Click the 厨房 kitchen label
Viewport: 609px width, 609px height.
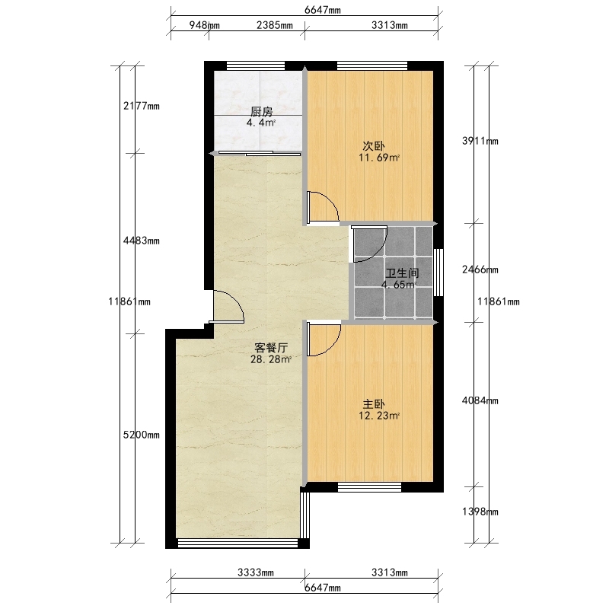point(261,112)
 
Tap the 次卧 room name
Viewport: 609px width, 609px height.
point(374,146)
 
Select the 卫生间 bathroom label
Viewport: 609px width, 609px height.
point(403,273)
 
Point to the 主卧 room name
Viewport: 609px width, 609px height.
point(374,404)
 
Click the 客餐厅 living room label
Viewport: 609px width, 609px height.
point(271,348)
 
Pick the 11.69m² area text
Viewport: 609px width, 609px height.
point(379,158)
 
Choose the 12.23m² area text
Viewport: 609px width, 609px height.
point(379,416)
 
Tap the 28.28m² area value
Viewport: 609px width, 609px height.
point(271,359)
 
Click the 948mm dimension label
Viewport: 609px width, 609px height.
point(204,25)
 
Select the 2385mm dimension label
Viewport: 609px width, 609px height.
point(275,25)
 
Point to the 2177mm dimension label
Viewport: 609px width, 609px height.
point(142,106)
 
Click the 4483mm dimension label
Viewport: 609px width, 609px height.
point(142,241)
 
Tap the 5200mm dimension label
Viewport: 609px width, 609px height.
point(142,435)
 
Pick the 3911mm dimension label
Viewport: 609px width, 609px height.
point(480,141)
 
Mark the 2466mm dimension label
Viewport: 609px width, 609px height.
point(480,269)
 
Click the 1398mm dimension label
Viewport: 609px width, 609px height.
point(480,512)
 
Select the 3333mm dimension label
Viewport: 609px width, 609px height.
point(256,572)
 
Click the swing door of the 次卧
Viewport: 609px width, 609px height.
point(323,207)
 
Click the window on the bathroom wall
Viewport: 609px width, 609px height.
point(438,273)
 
